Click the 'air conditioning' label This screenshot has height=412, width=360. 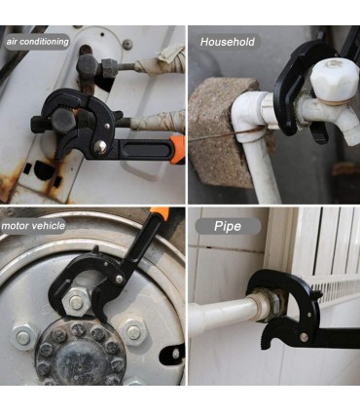(37, 42)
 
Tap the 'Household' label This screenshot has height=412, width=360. (228, 42)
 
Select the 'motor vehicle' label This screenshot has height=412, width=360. (33, 226)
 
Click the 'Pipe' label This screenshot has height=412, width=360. (228, 226)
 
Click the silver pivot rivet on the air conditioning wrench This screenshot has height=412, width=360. (100, 147)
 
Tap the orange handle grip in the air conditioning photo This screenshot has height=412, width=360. (177, 150)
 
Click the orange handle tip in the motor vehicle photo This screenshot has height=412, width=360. (161, 213)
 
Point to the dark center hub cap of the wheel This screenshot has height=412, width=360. (79, 353)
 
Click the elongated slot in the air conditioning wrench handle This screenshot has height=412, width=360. (145, 151)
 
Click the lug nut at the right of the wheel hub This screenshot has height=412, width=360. (133, 332)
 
